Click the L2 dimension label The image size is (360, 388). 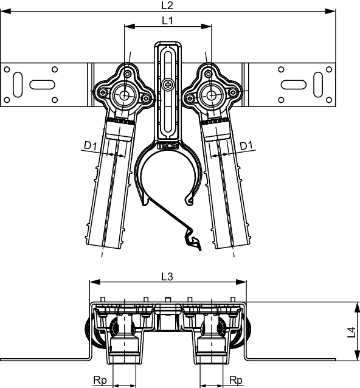pos(167,5)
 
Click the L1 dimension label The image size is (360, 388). pos(167,21)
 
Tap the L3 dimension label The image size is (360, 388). pos(167,277)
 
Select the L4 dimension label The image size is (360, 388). pos(351,332)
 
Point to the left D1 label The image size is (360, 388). pos(90,145)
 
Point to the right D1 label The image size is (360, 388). pos(246,146)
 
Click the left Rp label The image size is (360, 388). pos(100,380)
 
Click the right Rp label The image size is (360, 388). pos(236,380)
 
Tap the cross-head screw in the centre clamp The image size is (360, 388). pos(168,85)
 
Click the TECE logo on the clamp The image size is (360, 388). pos(168,146)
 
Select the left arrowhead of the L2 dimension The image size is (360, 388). pos(5,12)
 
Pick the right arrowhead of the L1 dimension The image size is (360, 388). pos(207,27)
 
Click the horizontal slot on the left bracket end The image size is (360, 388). pos(43,85)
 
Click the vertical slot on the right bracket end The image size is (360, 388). pos(318,85)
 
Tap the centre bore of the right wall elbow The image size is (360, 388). pos(212,95)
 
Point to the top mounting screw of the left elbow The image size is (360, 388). pos(128,74)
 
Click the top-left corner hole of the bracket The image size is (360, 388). pos(7,69)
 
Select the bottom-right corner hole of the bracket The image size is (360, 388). pos(329,100)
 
